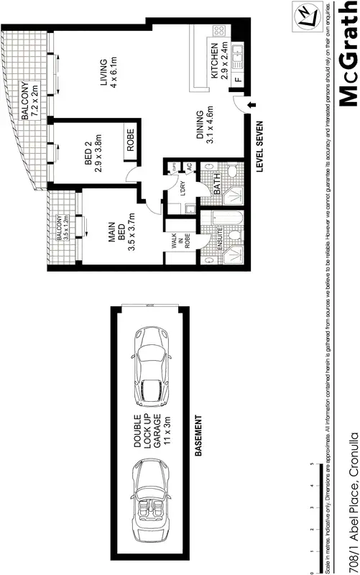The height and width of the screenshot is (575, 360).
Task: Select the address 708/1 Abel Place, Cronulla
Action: click(352, 502)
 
